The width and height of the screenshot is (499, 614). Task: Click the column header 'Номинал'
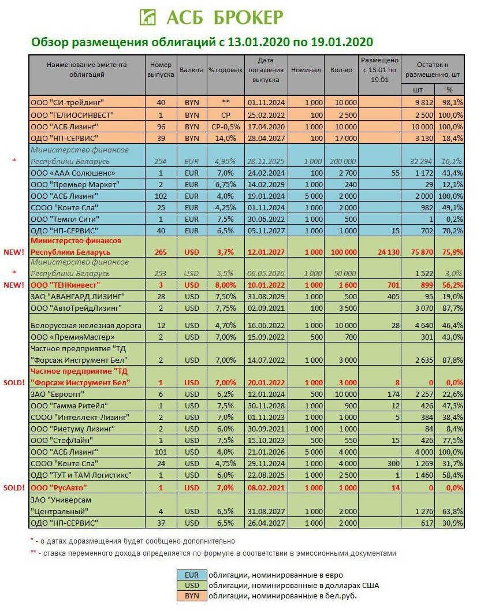306,70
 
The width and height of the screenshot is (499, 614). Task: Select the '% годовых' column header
225,70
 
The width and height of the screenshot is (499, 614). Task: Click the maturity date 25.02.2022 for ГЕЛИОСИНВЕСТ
266,114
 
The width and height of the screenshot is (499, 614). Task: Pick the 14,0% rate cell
225,138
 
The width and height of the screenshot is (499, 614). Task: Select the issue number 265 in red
161,252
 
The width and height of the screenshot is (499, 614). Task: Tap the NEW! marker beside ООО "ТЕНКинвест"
14,285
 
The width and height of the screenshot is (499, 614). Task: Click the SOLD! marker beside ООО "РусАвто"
14,488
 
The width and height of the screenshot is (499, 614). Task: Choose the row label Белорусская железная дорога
86,325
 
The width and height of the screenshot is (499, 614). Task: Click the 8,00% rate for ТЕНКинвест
225,285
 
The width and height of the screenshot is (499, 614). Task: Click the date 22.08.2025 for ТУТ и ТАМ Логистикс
266,475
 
